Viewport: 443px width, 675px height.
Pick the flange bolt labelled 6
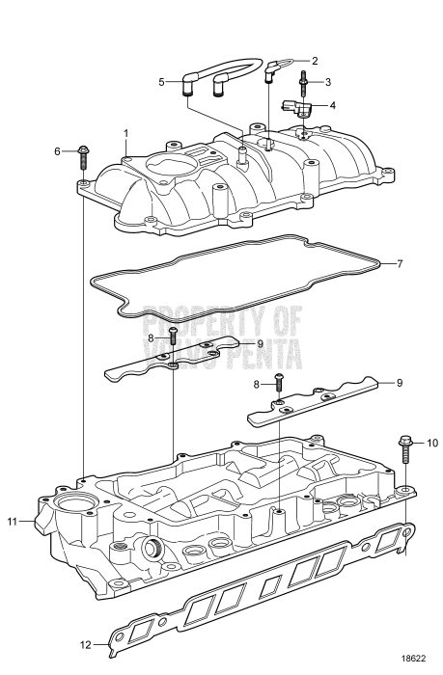pyautogui.click(x=84, y=152)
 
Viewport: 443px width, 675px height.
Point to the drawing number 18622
pyautogui.click(x=414, y=658)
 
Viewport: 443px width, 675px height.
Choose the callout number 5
pyautogui.click(x=162, y=82)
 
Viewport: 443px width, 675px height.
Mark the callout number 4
pyautogui.click(x=333, y=104)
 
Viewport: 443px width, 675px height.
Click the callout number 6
pyautogui.click(x=57, y=151)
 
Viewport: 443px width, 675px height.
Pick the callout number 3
pyautogui.click(x=327, y=82)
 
